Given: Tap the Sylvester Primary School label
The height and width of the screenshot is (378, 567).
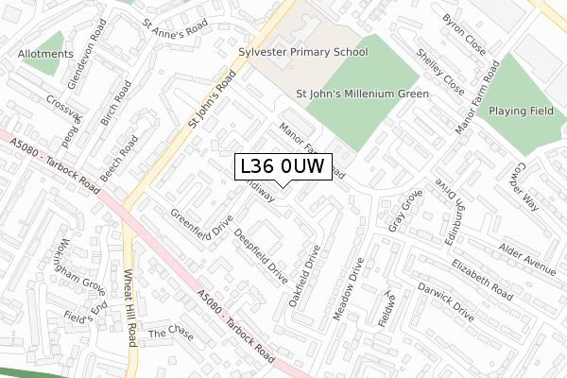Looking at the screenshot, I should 301,53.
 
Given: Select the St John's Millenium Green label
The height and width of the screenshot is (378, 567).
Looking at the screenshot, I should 363,94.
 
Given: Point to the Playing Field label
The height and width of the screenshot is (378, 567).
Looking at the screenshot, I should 521,112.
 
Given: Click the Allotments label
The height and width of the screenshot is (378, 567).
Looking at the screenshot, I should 45,55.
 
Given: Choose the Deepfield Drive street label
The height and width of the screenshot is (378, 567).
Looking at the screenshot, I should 261,256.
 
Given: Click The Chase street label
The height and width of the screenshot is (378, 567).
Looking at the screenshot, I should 169,334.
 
